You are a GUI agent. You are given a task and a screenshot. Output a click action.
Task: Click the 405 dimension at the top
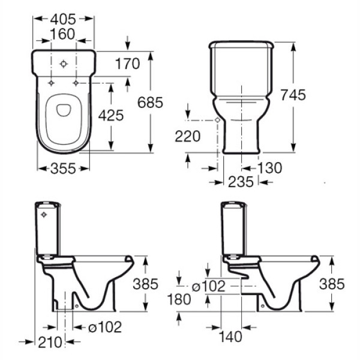pos(63,19)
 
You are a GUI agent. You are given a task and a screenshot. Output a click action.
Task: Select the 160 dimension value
pos(62,34)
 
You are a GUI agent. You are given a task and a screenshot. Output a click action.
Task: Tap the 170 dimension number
pos(127,64)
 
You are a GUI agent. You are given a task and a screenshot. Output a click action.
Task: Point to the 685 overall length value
pos(150,103)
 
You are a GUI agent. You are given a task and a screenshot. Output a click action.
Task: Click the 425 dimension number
pos(111,115)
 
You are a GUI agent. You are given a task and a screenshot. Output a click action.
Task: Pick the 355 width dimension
pos(63,168)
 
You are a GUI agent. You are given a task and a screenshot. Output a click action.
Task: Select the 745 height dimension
pos(293,95)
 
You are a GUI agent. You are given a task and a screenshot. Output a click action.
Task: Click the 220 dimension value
pos(188,136)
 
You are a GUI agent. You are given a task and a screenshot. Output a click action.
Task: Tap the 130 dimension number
pos(270,168)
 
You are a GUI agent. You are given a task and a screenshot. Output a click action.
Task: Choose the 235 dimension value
pos(241,182)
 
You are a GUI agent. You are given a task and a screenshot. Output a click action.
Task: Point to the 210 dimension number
pos(50,342)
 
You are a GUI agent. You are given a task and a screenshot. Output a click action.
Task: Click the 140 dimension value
pos(230,337)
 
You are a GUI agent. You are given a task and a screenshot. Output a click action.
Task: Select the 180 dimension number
pos(179,299)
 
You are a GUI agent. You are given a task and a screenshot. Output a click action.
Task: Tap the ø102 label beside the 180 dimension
pos(208,286)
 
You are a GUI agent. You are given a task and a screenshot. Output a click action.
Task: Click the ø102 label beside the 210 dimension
pos(105,327)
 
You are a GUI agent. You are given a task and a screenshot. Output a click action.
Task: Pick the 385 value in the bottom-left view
pos(146,284)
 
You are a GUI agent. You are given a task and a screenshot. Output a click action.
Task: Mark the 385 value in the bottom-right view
pos(332,284)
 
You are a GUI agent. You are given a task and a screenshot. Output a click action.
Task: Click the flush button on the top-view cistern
pos(64,64)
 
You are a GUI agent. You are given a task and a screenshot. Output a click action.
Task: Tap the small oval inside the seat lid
pos(64,110)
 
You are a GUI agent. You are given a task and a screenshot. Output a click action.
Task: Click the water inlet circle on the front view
pos(217,120)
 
